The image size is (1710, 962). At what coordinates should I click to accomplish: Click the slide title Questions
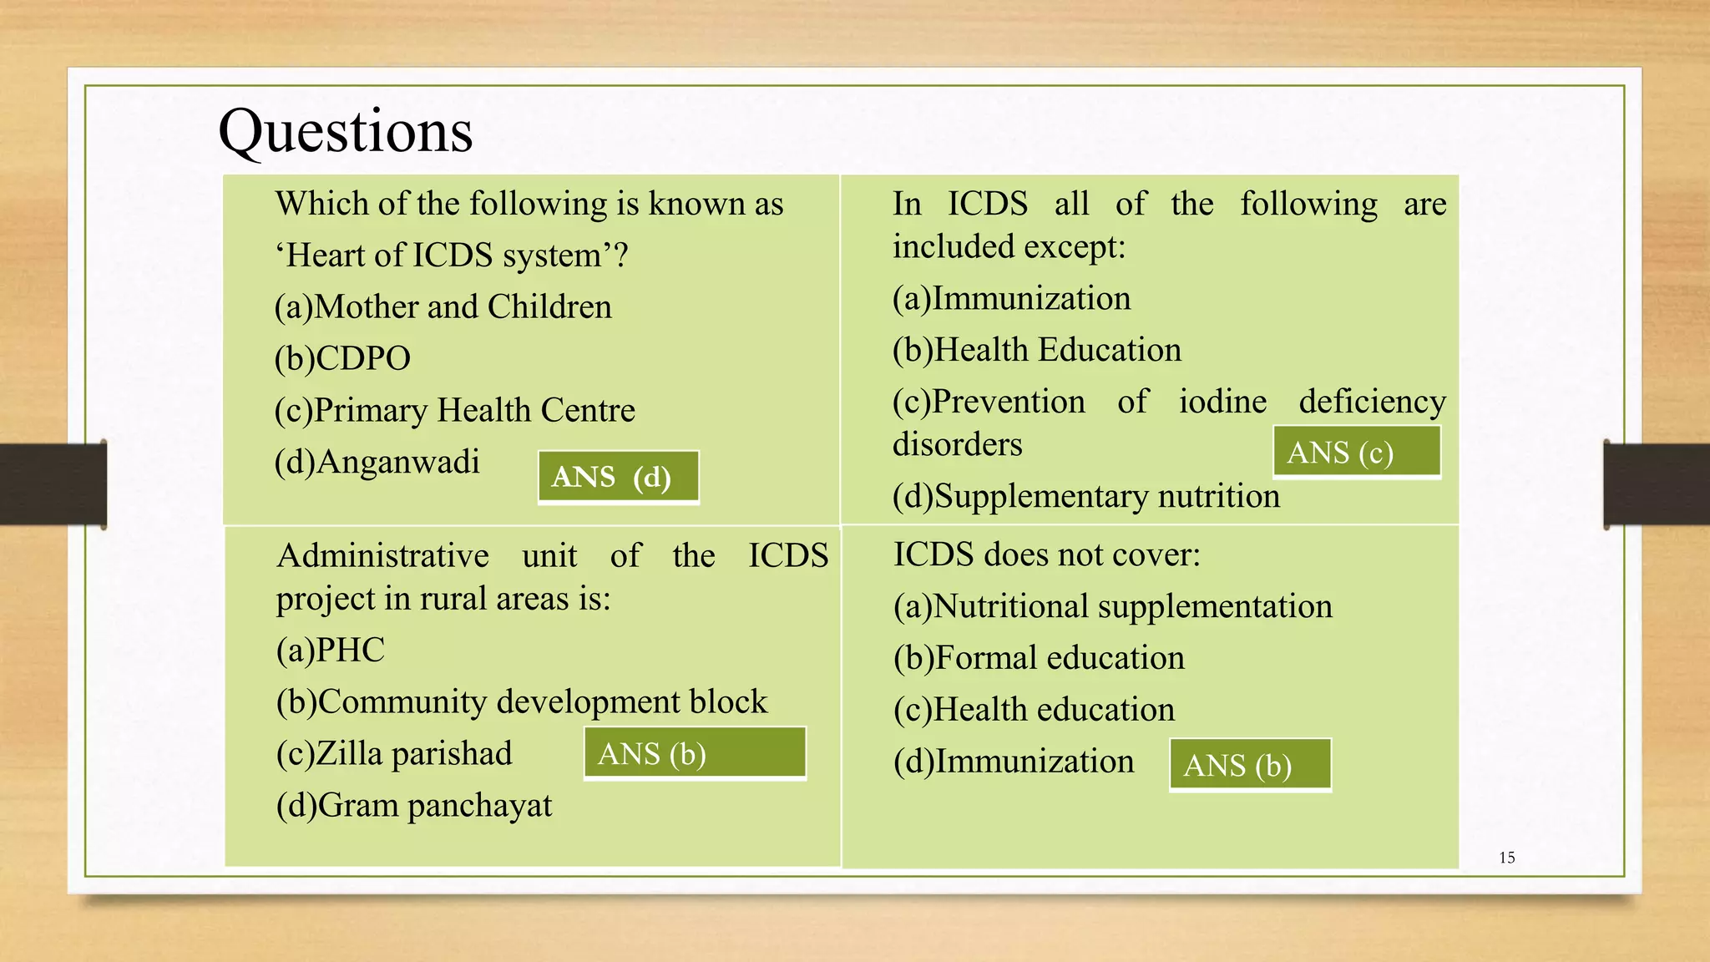click(x=346, y=132)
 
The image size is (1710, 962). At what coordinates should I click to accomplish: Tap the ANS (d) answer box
click(x=618, y=478)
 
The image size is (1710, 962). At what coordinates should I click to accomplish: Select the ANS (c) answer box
click(x=1357, y=452)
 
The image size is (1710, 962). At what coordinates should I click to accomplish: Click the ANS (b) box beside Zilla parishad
click(x=695, y=753)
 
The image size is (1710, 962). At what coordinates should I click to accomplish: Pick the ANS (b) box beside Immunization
click(x=1250, y=764)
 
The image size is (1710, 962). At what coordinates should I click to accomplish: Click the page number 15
click(x=1506, y=858)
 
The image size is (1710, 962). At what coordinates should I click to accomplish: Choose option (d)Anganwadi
click(x=377, y=462)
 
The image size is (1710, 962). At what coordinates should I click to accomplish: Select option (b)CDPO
click(x=342, y=358)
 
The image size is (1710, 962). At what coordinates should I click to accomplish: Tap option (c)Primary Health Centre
click(x=454, y=410)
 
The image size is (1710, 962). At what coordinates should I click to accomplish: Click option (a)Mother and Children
click(x=443, y=306)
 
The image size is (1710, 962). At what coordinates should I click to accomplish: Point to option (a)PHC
click(x=331, y=650)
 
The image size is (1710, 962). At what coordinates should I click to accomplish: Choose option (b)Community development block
click(x=521, y=701)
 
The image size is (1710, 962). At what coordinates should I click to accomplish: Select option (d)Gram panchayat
click(x=414, y=805)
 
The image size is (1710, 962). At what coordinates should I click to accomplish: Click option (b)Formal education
click(x=1039, y=658)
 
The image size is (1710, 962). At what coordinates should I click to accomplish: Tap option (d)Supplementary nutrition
click(x=1085, y=496)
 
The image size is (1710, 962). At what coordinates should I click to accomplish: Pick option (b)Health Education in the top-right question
click(x=1037, y=350)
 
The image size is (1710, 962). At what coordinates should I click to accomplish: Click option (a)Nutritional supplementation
click(x=1112, y=606)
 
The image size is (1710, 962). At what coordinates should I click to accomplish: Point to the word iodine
click(x=1222, y=402)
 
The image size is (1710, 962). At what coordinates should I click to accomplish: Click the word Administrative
click(x=382, y=555)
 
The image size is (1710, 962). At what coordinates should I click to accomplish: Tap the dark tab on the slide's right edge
click(x=1657, y=484)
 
